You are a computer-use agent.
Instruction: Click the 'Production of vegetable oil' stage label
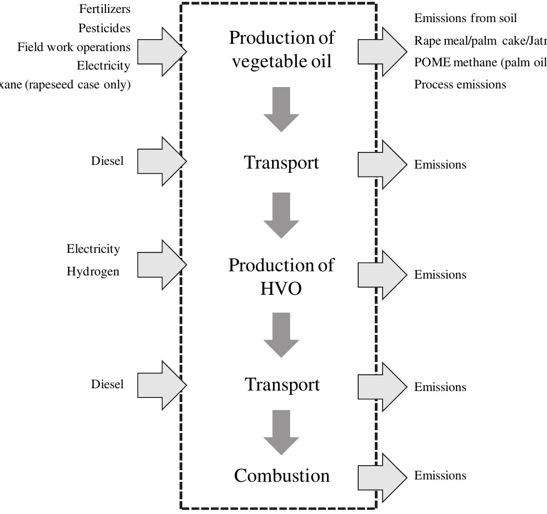click(281, 49)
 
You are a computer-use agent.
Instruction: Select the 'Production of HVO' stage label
click(281, 277)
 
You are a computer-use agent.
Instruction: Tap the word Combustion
click(282, 476)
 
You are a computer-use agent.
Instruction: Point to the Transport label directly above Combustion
click(282, 385)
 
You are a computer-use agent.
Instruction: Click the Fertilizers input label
click(105, 9)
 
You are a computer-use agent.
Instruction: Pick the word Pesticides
click(104, 29)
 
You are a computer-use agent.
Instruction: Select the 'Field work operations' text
click(74, 47)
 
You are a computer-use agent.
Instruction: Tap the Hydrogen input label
click(93, 272)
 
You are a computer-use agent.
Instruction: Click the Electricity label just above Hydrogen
click(93, 249)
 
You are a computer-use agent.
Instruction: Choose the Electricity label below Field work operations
click(103, 66)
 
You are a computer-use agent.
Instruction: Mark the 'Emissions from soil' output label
click(466, 18)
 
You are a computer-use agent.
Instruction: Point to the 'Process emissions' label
click(460, 85)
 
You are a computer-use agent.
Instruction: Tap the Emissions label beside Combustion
click(440, 476)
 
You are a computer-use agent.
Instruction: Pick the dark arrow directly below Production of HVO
click(281, 334)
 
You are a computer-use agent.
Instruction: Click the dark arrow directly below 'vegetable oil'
click(281, 108)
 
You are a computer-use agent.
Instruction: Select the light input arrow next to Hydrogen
click(161, 265)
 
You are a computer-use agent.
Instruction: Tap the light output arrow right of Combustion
click(382, 478)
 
